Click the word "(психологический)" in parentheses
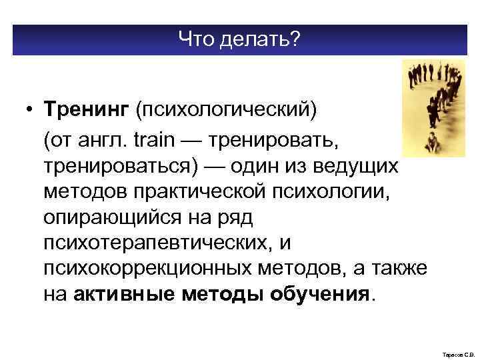223,107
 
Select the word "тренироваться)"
121,167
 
